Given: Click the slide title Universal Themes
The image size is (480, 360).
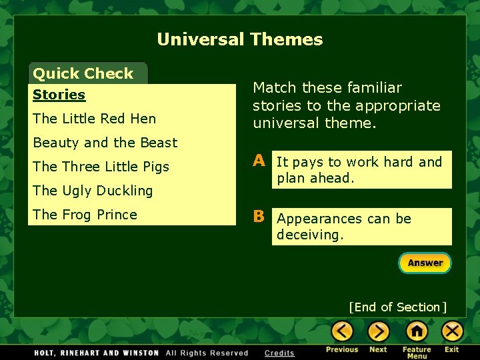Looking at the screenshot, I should click(240, 39).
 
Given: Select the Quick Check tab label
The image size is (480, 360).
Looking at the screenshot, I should click(83, 73).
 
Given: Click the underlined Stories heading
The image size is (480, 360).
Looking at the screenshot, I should click(59, 95).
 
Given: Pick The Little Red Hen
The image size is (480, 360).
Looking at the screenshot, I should click(94, 119).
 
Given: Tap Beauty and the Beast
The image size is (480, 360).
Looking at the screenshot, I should click(105, 143).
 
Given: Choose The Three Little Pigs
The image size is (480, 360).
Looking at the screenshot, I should click(101, 167).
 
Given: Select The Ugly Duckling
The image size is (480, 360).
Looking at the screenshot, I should click(93, 191).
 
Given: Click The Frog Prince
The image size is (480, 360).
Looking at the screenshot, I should click(85, 215).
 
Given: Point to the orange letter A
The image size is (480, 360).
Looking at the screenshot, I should click(259, 161).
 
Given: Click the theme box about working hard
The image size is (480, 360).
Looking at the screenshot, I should click(361, 170).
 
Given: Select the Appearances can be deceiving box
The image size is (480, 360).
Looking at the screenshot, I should click(361, 227).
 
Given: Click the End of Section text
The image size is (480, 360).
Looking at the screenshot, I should click(397, 307).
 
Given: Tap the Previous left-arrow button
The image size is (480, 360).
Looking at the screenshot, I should click(343, 331).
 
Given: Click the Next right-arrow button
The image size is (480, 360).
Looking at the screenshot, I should click(378, 331).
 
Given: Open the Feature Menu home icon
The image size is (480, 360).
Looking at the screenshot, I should click(417, 331).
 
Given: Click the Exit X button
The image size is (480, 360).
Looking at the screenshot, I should click(452, 331).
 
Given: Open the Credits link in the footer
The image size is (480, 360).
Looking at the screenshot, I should click(279, 353).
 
